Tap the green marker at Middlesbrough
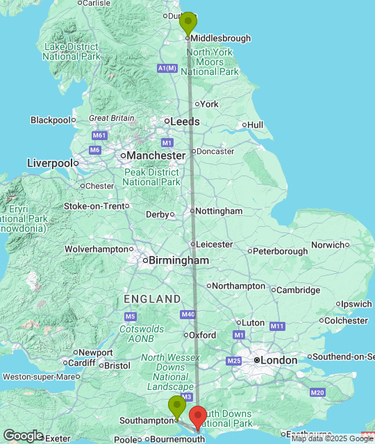point(187,24)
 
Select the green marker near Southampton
point(176,407)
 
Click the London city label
point(278,361)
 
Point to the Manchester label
point(154,156)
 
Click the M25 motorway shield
point(233,361)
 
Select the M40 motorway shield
point(187,315)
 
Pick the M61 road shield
point(99,136)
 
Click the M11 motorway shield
point(278,326)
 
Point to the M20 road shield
point(317,393)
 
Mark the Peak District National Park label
point(150,177)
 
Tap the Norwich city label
point(328,245)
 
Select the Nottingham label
point(219,211)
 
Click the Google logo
point(23,435)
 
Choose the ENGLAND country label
point(152,299)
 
